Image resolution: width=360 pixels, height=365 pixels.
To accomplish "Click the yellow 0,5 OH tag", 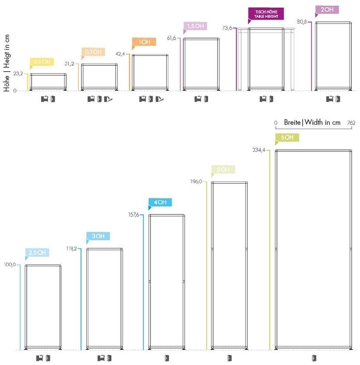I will [x=42, y=62].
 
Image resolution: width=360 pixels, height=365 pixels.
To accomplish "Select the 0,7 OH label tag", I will [x=93, y=52].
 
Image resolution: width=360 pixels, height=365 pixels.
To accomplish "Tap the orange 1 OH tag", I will [x=144, y=42].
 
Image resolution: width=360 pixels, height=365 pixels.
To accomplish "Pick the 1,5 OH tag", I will [x=196, y=26].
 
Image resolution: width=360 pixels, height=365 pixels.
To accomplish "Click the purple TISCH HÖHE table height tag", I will [x=266, y=14].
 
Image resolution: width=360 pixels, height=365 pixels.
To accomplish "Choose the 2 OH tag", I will [x=327, y=10].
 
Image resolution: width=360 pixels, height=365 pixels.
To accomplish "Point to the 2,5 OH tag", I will [x=37, y=253].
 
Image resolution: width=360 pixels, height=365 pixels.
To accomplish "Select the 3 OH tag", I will [x=98, y=236].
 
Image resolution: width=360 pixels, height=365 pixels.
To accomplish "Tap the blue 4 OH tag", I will [x=160, y=202].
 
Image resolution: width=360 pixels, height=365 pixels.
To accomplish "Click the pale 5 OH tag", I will [x=223, y=169].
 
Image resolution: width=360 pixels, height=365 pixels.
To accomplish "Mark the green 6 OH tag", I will [x=287, y=138].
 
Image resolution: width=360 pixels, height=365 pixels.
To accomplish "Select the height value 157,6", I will [x=134, y=215].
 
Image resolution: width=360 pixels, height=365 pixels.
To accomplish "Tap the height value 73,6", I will [x=228, y=28].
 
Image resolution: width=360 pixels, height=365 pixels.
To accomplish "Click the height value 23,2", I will [x=18, y=74].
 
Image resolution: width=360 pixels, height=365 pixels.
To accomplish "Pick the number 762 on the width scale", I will [x=350, y=123].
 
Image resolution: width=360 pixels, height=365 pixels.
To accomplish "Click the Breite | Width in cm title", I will [x=312, y=122].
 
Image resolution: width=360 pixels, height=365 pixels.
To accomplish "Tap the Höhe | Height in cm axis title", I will [x=6, y=62].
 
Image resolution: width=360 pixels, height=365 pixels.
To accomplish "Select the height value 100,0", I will [x=10, y=265].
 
